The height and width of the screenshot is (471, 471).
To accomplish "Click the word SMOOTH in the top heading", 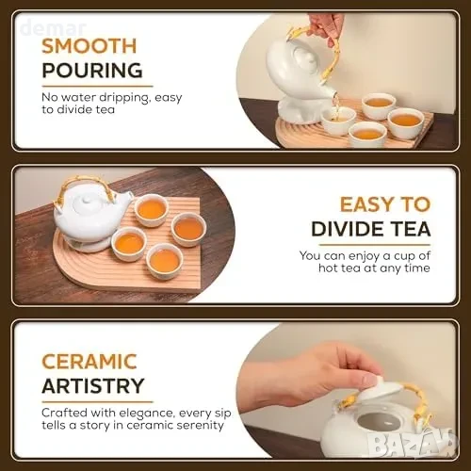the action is (89, 46).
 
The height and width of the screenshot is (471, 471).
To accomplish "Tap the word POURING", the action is (92, 71).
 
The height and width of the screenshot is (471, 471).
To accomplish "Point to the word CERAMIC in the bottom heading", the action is (89, 362).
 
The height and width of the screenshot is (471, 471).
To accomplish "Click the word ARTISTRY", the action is (93, 386).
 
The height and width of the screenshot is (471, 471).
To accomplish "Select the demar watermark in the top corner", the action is (53, 27).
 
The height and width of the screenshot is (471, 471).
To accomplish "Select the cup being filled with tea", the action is (338, 121).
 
